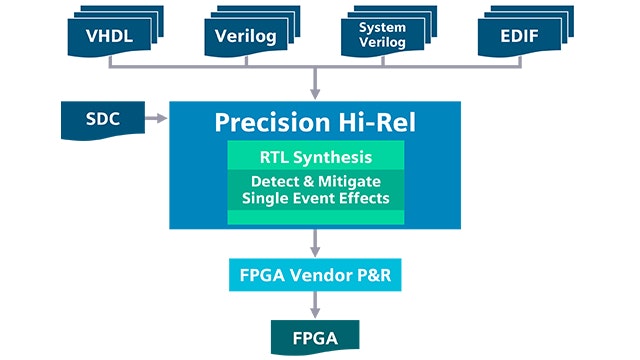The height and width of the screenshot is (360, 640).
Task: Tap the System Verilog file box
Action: (382, 36)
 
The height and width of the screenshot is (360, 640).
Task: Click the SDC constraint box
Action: (100, 120)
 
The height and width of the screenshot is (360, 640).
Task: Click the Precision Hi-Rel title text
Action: (315, 122)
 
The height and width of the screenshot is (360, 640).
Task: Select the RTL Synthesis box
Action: (315, 156)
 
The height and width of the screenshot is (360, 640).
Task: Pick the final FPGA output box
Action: (315, 338)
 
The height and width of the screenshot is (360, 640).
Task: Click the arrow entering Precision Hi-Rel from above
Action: (315, 85)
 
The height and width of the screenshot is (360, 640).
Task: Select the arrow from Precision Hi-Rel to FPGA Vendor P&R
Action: (315, 243)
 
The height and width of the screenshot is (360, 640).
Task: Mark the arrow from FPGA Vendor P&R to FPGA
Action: (315, 306)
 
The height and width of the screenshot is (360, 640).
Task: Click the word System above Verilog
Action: (382, 28)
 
